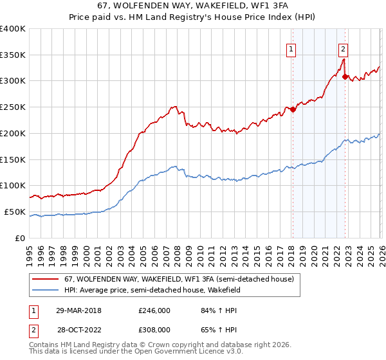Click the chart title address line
tap(192, 6)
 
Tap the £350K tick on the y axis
tap(13, 55)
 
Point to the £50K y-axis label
tap(15, 212)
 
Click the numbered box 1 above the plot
tap(291, 48)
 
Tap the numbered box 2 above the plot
tap(344, 48)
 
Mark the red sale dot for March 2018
tap(293, 109)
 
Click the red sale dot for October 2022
tap(345, 76)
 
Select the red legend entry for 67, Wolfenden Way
tap(179, 279)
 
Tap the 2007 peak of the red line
tap(174, 107)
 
